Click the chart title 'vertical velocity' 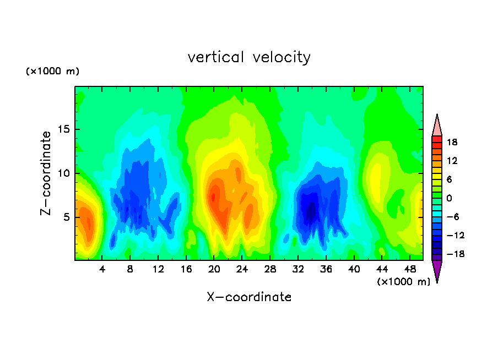click(x=249, y=57)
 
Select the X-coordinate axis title click(x=249, y=297)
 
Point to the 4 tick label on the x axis click(x=102, y=269)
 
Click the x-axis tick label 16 click(x=186, y=269)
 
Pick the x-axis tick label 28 click(x=270, y=269)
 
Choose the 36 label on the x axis click(x=326, y=269)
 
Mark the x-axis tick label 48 click(x=409, y=269)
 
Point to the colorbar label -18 click(x=452, y=254)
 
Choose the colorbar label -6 click(x=452, y=217)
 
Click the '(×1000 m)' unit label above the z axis click(x=53, y=72)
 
